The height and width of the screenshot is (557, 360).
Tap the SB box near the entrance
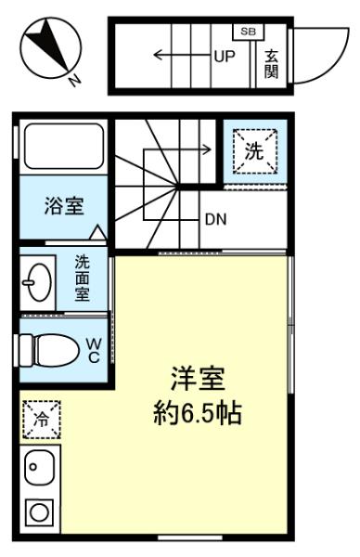pyautogui.click(x=248, y=32)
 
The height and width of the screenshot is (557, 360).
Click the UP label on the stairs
pyautogui.click(x=225, y=56)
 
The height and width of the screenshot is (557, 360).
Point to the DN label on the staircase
pyautogui.click(x=216, y=220)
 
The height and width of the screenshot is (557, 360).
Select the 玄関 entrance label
pyautogui.click(x=271, y=64)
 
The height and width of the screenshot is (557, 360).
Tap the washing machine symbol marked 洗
pyautogui.click(x=255, y=151)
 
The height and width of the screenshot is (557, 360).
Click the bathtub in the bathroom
pyautogui.click(x=64, y=146)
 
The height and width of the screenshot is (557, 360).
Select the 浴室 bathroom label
pyautogui.click(x=64, y=206)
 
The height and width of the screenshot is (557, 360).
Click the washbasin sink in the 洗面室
pyautogui.click(x=37, y=283)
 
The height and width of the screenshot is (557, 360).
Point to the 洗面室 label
pyautogui.click(x=82, y=278)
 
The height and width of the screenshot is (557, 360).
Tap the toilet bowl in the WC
pyautogui.click(x=50, y=350)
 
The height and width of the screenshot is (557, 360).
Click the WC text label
pyautogui.click(x=94, y=351)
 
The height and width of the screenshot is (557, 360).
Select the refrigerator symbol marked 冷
pyautogui.click(x=42, y=420)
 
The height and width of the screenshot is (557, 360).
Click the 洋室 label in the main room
pyautogui.click(x=198, y=380)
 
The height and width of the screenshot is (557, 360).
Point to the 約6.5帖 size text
pyautogui.click(x=198, y=413)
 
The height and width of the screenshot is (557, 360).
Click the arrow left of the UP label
pyautogui.click(x=182, y=55)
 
